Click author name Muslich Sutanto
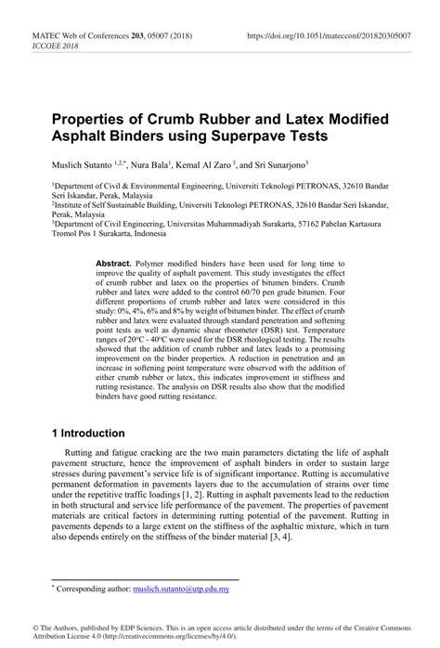point(84,163)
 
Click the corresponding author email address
point(191,589)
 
